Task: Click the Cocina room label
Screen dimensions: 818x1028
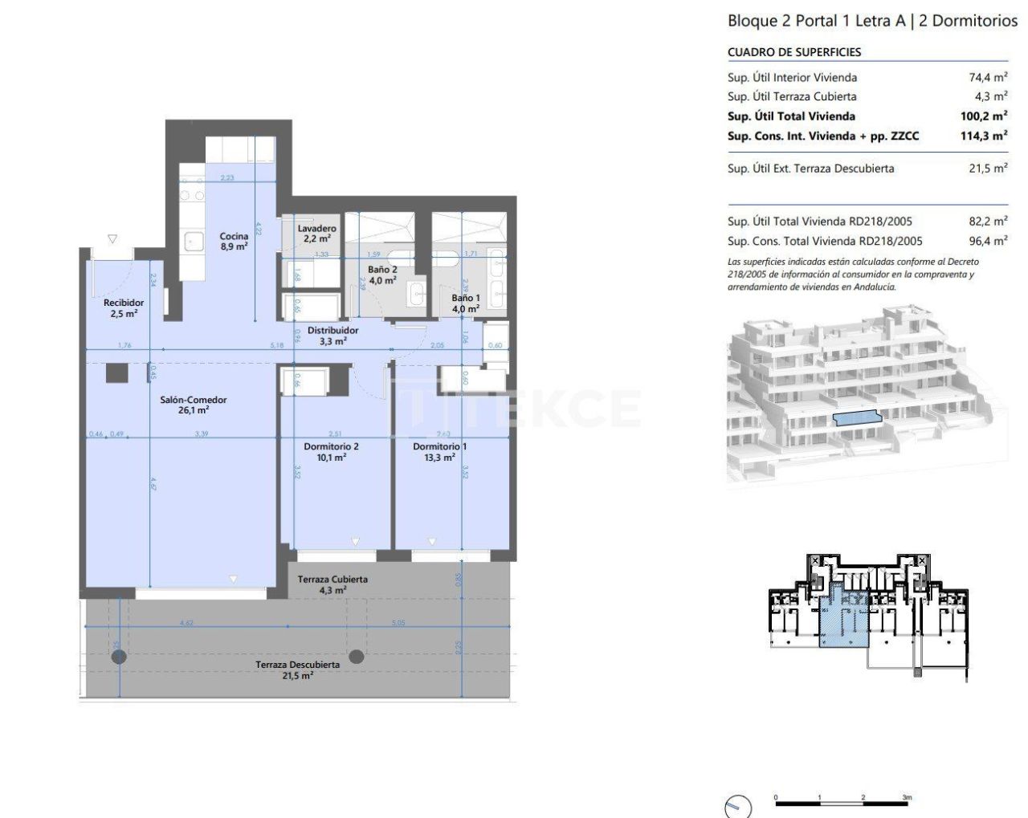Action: tap(234, 242)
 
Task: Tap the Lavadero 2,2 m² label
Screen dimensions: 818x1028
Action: tap(316, 234)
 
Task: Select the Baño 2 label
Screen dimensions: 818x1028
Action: tap(382, 275)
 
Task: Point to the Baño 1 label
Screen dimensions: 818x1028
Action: tap(466, 303)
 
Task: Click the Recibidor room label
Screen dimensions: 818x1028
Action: tap(124, 307)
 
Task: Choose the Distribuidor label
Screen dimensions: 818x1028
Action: tap(332, 336)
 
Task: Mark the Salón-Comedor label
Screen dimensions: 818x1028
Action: tap(193, 405)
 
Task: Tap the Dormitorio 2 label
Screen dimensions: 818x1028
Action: tap(331, 452)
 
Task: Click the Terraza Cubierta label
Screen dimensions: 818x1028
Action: tap(332, 584)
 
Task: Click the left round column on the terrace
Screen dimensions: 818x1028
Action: tap(119, 657)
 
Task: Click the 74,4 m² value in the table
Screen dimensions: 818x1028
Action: tap(988, 78)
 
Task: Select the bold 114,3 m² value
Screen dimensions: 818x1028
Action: tap(984, 136)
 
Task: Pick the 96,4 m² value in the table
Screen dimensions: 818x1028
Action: tap(988, 241)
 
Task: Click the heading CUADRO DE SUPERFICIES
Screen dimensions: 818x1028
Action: tap(794, 52)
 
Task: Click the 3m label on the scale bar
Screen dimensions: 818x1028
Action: tap(907, 798)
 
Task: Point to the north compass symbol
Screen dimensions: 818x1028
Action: tap(737, 807)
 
